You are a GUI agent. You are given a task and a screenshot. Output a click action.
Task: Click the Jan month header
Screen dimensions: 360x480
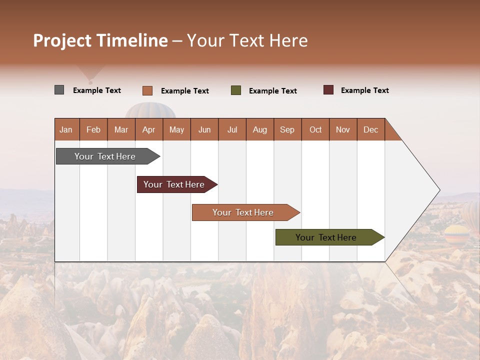click(66, 129)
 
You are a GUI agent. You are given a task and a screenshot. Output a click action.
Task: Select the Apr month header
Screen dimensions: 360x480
click(148, 129)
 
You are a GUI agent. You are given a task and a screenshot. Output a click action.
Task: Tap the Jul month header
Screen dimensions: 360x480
click(232, 129)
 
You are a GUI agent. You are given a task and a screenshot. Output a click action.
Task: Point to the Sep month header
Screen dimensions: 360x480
click(287, 129)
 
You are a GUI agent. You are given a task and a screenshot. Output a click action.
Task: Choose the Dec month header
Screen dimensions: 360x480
click(370, 129)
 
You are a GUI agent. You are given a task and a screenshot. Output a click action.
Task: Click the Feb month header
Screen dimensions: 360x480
click(93, 129)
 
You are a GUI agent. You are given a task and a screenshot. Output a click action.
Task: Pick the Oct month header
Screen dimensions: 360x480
click(315, 129)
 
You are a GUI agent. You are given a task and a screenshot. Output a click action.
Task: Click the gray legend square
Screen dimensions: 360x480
click(59, 90)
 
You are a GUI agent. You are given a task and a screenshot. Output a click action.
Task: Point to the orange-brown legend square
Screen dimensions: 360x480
click(147, 90)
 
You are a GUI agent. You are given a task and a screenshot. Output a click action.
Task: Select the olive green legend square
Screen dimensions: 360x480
click(236, 90)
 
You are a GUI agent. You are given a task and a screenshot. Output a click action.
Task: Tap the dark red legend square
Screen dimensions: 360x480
click(328, 90)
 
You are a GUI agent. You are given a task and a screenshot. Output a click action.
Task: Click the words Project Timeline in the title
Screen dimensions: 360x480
click(100, 40)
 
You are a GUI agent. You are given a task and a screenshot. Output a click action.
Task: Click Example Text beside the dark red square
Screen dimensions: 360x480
click(364, 90)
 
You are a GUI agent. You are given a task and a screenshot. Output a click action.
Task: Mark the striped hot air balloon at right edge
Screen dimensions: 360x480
click(456, 233)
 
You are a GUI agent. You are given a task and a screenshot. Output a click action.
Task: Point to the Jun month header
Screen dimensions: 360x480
click(204, 129)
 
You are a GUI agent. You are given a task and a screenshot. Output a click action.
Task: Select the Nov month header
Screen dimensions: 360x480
click(343, 129)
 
